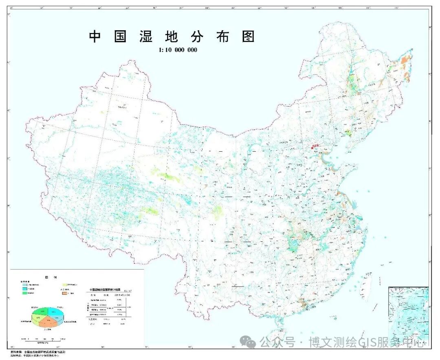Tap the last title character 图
click(248, 37)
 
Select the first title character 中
click(95, 37)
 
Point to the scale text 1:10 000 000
click(178, 50)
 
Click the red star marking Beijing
click(313, 147)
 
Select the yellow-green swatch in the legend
click(64, 285)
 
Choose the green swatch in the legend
click(25, 293)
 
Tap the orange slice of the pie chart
click(48, 322)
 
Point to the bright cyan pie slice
click(57, 312)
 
